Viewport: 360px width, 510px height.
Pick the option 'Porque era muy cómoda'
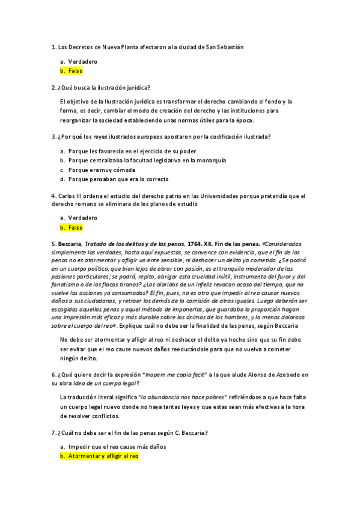102,170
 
